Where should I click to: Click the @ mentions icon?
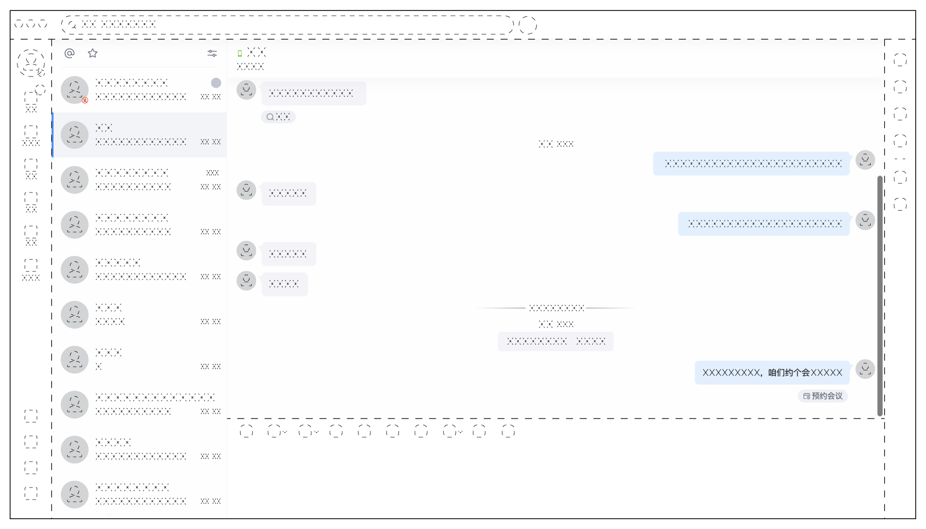pos(70,53)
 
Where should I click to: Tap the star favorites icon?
pos(92,53)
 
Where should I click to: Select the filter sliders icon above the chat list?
pos(212,53)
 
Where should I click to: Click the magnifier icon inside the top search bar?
pos(72,25)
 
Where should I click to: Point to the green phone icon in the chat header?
pos(240,54)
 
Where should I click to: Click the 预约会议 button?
pos(823,396)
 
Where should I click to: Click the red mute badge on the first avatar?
pos(85,100)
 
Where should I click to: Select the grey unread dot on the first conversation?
pos(216,83)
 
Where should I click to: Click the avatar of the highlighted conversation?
pos(74,135)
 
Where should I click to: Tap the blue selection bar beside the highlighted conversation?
pos(53,135)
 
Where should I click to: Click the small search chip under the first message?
pos(278,117)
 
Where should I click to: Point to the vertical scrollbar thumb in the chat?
pos(879,295)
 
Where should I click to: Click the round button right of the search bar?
pos(528,25)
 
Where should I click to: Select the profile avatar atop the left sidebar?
pos(31,62)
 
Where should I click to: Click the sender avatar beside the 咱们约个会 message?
pos(865,369)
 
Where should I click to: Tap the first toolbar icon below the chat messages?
pos(246,432)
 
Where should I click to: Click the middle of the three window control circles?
pos(31,24)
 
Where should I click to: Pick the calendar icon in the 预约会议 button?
pos(807,396)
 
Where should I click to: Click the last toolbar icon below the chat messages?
pos(508,432)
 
